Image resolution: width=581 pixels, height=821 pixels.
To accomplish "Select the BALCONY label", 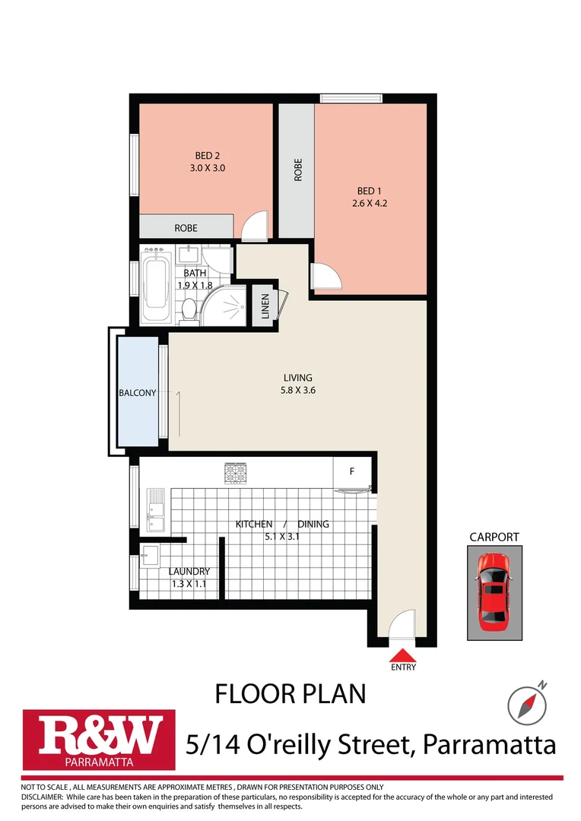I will coord(137,393).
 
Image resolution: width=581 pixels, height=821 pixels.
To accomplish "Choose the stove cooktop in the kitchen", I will coord(236,474).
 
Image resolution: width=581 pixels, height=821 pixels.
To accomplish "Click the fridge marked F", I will coord(352,471).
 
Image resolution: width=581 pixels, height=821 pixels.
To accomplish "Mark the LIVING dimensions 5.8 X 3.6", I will coord(298,391).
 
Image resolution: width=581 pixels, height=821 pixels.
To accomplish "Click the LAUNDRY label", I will coord(189,572).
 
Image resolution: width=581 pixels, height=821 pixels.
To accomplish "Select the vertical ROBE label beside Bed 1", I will coord(298,169).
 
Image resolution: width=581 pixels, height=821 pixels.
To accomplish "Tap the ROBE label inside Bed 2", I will coord(186,227).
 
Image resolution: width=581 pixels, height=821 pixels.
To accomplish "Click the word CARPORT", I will coord(494,537).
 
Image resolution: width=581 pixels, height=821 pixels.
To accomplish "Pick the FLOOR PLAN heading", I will coord(290,693).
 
